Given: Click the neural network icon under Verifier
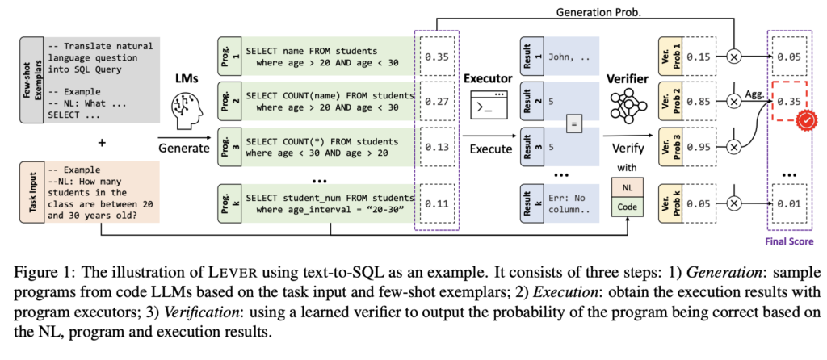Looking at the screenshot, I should [627, 105].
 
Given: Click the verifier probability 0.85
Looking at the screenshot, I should [699, 102].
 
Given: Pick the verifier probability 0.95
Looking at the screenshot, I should [699, 148].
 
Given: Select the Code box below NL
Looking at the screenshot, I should [628, 206].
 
